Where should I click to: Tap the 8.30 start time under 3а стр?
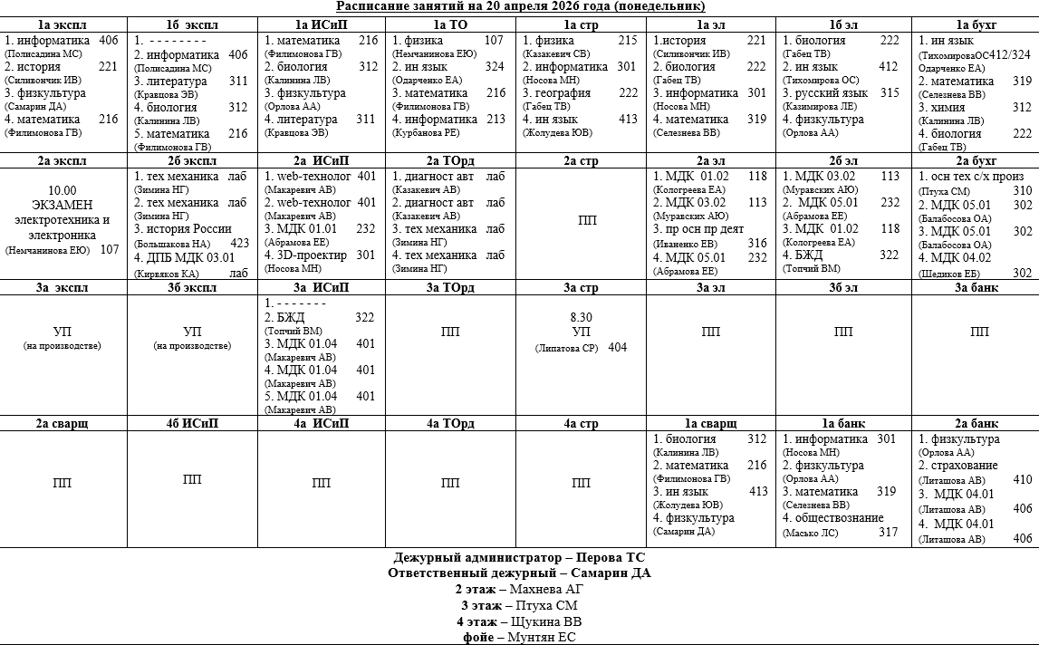tap(581, 318)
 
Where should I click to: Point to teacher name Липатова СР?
tap(568, 348)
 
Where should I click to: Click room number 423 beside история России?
tap(238, 244)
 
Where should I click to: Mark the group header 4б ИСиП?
tap(192, 424)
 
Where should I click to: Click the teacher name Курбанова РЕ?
tap(426, 133)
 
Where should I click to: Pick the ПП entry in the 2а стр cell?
tap(581, 220)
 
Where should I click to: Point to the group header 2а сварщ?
tap(63, 424)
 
